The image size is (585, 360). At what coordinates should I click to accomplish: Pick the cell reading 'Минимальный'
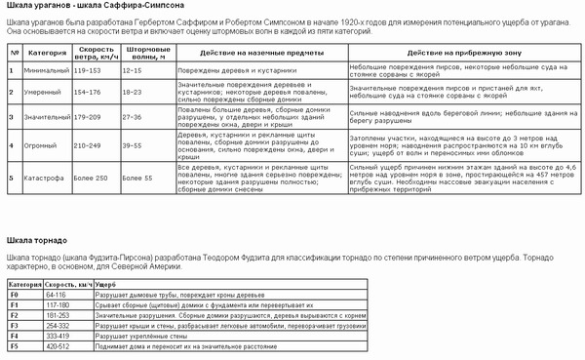pos(44,70)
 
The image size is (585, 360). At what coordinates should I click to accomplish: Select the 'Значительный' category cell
pos(47,118)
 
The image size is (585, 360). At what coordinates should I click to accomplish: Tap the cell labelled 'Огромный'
pos(42,144)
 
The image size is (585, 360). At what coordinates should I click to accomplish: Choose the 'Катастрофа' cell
pos(44,178)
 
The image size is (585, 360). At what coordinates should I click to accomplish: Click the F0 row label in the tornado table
pos(15,293)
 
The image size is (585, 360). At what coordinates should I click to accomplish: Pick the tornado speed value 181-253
pos(58,314)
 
